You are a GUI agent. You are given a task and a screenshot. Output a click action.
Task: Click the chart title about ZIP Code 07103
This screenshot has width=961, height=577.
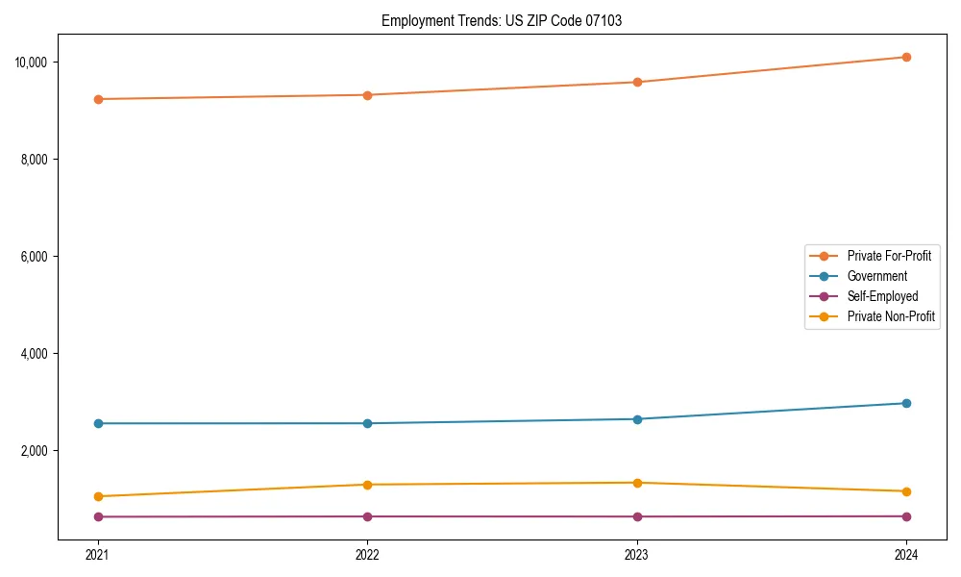501,21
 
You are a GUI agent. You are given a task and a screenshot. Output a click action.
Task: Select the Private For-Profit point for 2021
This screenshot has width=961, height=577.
97,99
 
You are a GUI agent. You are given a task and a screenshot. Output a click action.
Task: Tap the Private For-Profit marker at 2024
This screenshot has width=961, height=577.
906,57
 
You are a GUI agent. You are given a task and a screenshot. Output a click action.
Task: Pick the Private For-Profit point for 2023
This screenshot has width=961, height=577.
637,82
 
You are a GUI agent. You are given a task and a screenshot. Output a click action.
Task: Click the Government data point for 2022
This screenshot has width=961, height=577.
367,423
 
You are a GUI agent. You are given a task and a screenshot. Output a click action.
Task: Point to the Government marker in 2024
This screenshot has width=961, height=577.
906,403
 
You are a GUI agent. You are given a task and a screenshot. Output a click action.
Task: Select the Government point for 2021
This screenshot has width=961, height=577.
97,423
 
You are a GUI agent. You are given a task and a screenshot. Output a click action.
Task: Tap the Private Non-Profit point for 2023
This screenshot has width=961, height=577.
637,483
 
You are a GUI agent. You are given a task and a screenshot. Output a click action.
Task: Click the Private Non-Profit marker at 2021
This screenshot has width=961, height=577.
97,496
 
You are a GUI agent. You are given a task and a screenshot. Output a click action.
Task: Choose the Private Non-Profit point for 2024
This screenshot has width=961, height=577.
906,491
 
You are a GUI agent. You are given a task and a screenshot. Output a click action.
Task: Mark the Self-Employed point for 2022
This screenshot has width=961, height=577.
367,516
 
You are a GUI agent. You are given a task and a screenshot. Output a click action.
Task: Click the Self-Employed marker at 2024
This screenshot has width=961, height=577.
906,516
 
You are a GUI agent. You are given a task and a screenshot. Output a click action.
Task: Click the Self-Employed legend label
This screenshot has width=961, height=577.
882,296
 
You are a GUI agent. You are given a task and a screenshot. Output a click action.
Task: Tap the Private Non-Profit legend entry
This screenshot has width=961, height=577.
891,316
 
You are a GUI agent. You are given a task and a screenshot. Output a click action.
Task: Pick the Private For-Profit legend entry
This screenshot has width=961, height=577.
889,256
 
